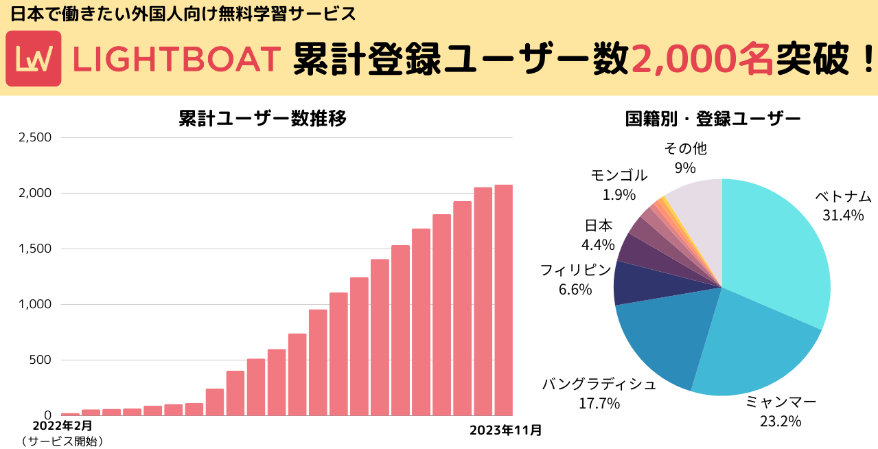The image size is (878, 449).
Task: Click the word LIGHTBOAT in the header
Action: pyautogui.click(x=176, y=59)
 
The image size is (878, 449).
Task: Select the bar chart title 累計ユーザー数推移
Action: pyautogui.click(x=262, y=118)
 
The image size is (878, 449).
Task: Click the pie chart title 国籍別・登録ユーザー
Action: pyautogui.click(x=713, y=118)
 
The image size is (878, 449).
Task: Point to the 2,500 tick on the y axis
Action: pyautogui.click(x=34, y=137)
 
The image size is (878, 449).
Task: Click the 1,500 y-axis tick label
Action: pyautogui.click(x=34, y=249)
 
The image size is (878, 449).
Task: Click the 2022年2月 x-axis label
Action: pyautogui.click(x=62, y=426)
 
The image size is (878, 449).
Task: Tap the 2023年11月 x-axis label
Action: pyautogui.click(x=506, y=430)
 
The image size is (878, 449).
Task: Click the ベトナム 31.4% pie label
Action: pyautogui.click(x=843, y=205)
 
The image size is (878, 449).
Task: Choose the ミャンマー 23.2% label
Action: pyautogui.click(x=781, y=411)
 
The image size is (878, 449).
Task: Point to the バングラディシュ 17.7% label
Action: pyautogui.click(x=599, y=393)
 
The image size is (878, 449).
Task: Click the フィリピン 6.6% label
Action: pyautogui.click(x=575, y=279)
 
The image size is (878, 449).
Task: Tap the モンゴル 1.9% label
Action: pyautogui.click(x=619, y=185)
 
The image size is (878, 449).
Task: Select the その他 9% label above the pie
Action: pyautogui.click(x=685, y=158)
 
